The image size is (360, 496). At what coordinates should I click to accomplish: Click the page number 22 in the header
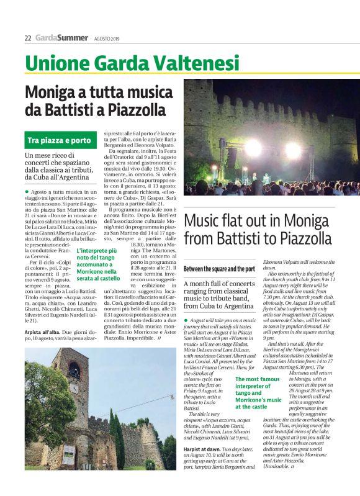click(x=28, y=38)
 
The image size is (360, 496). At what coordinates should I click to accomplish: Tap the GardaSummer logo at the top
click(x=61, y=38)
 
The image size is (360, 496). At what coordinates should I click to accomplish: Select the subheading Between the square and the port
click(x=219, y=269)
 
